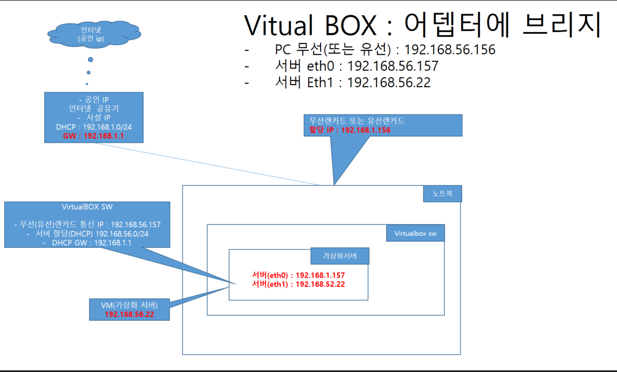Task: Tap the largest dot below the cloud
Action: pyautogui.click(x=90, y=59)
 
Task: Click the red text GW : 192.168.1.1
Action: pyautogui.click(x=93, y=136)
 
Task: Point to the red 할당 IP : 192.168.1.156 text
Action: pyautogui.click(x=350, y=130)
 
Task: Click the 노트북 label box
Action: pyautogui.click(x=442, y=194)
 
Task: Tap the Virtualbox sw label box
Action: pyautogui.click(x=415, y=234)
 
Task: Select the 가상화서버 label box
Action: pyautogui.click(x=340, y=256)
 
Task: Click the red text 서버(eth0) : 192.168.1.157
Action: pyautogui.click(x=298, y=275)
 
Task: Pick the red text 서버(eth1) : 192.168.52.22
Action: pyautogui.click(x=298, y=284)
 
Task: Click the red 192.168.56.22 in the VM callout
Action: pyautogui.click(x=129, y=314)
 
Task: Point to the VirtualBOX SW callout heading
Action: pyautogui.click(x=87, y=207)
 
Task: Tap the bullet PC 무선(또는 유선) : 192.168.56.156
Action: pyautogui.click(x=385, y=50)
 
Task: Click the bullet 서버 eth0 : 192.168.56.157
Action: pyautogui.click(x=356, y=66)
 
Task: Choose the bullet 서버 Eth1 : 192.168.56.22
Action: pyautogui.click(x=353, y=83)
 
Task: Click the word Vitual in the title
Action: pyautogui.click(x=278, y=25)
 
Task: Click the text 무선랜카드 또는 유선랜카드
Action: pyautogui.click(x=357, y=121)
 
